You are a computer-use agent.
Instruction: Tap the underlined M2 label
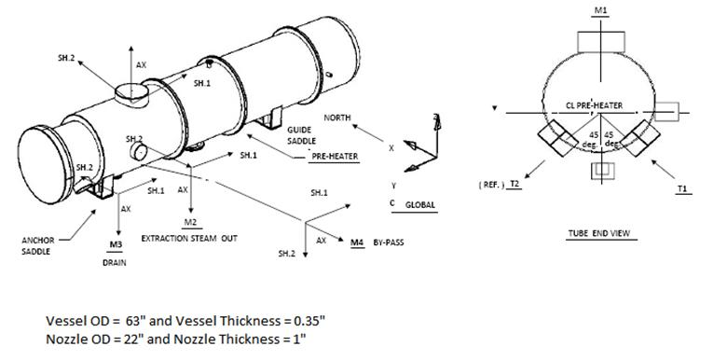(190, 223)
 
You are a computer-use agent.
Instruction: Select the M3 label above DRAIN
(116, 244)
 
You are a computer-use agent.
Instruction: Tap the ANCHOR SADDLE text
(36, 244)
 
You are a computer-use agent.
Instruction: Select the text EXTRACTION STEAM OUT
(189, 239)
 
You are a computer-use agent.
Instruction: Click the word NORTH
(337, 118)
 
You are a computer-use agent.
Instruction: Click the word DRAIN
(115, 262)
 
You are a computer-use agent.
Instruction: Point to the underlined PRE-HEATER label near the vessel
(333, 159)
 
